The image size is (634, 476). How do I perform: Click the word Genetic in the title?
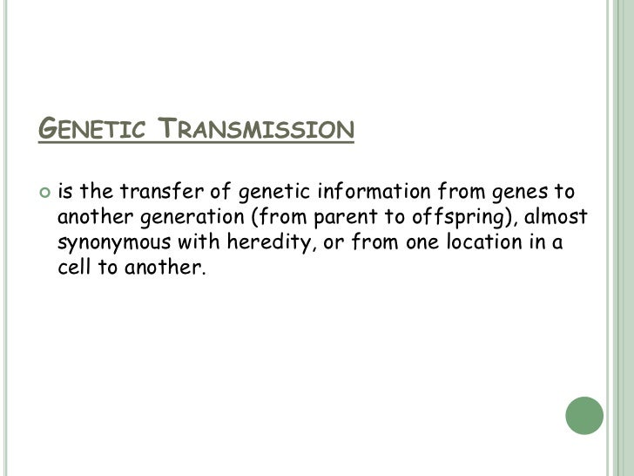pyautogui.click(x=93, y=131)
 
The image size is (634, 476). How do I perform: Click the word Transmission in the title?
pyautogui.click(x=257, y=131)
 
